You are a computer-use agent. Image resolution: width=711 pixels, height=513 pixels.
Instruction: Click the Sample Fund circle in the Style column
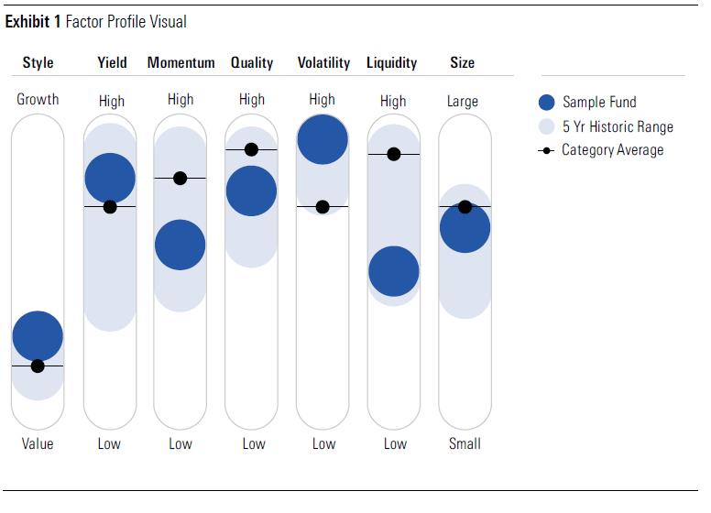[x=38, y=336]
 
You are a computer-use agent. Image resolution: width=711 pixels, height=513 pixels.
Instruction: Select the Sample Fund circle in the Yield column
[x=110, y=178]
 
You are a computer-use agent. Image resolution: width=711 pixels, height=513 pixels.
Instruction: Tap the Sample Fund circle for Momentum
[x=180, y=245]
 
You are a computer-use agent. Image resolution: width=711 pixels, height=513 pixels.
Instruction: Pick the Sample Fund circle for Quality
[x=251, y=191]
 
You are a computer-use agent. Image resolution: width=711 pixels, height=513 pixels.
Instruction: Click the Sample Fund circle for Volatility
[x=323, y=139]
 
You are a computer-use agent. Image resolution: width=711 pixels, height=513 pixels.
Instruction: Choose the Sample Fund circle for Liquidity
[x=394, y=271]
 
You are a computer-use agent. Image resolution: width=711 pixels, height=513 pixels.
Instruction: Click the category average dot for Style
[x=38, y=366]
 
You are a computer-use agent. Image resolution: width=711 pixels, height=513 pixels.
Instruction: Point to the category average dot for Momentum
[x=180, y=178]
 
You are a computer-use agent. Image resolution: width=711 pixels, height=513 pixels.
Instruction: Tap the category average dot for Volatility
[x=323, y=207]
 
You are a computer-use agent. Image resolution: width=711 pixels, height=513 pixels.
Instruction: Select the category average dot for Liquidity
[x=394, y=154]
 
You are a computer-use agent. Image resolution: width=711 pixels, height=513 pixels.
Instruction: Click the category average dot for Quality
[x=251, y=149]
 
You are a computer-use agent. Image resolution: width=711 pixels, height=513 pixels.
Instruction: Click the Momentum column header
[x=180, y=63]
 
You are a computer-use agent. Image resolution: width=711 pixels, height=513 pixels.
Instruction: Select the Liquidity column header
[x=391, y=63]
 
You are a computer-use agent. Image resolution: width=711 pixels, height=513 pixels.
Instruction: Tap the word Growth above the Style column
[x=38, y=99]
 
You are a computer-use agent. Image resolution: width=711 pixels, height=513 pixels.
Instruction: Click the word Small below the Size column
[x=465, y=443]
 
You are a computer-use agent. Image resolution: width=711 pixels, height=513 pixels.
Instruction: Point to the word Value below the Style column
[x=38, y=443]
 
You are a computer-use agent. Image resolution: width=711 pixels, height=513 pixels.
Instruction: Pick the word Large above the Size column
[x=463, y=101]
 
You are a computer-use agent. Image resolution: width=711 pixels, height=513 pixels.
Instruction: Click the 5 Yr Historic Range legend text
[x=618, y=126]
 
